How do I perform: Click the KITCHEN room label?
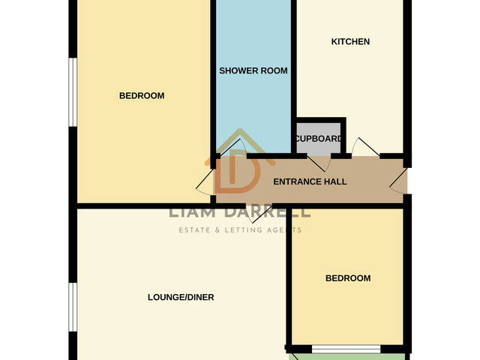coord(350,42)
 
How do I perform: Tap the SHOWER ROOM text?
coord(253,70)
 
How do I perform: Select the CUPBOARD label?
coord(318,139)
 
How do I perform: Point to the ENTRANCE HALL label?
coord(310,181)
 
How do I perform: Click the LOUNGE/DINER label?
coord(181,297)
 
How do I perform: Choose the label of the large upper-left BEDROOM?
coord(142,96)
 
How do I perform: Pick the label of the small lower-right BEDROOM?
coord(348,278)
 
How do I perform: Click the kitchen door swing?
coord(365,148)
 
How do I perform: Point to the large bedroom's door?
coord(205,181)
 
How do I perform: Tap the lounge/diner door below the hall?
coord(259,214)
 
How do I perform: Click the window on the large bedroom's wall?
coord(73,92)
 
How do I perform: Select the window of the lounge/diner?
coord(73,307)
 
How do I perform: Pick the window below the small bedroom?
coord(346,349)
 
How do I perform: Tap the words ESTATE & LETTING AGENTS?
coord(240,230)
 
